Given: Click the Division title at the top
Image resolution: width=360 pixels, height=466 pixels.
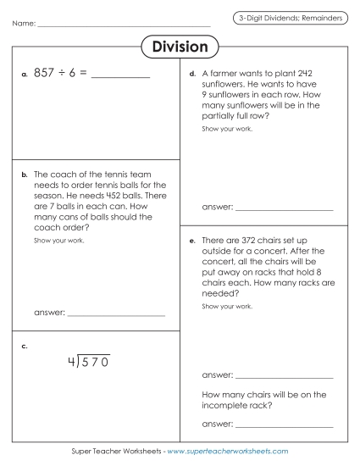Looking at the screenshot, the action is pyautogui.click(x=180, y=47).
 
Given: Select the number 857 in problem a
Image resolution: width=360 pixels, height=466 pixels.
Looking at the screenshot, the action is pyautogui.click(x=44, y=74).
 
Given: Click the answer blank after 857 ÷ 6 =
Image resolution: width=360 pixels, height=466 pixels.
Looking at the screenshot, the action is pyautogui.click(x=119, y=75).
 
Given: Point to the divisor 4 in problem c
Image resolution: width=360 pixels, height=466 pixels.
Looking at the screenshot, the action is pyautogui.click(x=72, y=362).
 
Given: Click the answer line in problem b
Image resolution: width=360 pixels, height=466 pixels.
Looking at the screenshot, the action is pyautogui.click(x=116, y=315).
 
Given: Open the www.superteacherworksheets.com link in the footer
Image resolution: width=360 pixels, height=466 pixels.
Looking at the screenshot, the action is pyautogui.click(x=228, y=452).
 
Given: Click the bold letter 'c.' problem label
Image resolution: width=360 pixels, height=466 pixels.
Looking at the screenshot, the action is pyautogui.click(x=26, y=346).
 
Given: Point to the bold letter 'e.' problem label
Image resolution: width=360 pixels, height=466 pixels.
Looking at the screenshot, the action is pyautogui.click(x=194, y=241).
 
